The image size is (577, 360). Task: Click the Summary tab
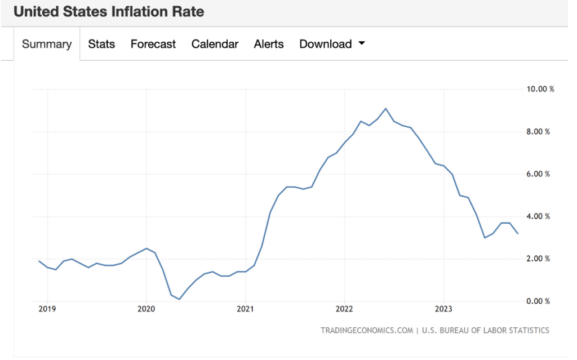[x=47, y=44]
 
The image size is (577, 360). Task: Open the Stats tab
[x=101, y=44]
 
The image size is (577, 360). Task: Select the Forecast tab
[x=153, y=44]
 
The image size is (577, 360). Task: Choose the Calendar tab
[x=215, y=44]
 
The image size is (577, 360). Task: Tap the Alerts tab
[x=269, y=44]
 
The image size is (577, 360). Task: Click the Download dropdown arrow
[x=362, y=43]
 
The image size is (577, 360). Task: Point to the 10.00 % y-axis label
[x=540, y=89]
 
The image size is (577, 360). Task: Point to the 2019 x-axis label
[x=47, y=309]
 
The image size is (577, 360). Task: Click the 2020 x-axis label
[x=147, y=309]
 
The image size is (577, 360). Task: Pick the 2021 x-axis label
[x=246, y=309]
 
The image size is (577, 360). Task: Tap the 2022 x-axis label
[x=345, y=309]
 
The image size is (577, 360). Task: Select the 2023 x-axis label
[x=444, y=309]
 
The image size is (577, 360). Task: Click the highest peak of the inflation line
[x=385, y=108]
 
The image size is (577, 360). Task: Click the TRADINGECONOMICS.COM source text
[x=366, y=330]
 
